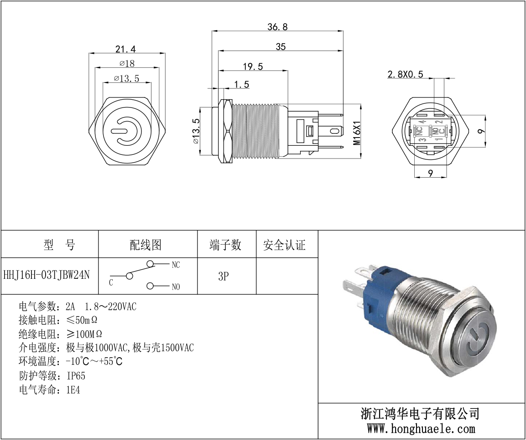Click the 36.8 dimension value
pos(277,27)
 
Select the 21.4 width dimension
pos(125,49)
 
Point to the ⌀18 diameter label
pos(127,63)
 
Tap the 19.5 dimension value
pos(253,67)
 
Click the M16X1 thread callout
pos(357,133)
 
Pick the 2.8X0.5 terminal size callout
pos(405,74)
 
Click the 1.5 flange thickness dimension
pos(241,84)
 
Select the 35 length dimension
pos(281,46)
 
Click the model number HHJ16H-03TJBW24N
pos(47,275)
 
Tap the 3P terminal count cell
pos(224,276)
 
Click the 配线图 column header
pos(146,245)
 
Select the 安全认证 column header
pos(285,245)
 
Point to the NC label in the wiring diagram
pos(176,265)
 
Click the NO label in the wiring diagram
pos(176,287)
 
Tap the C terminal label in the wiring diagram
pos(111,283)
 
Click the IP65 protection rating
pos(76,376)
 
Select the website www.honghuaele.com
pos(421,428)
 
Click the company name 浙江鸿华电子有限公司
pos(420,414)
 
